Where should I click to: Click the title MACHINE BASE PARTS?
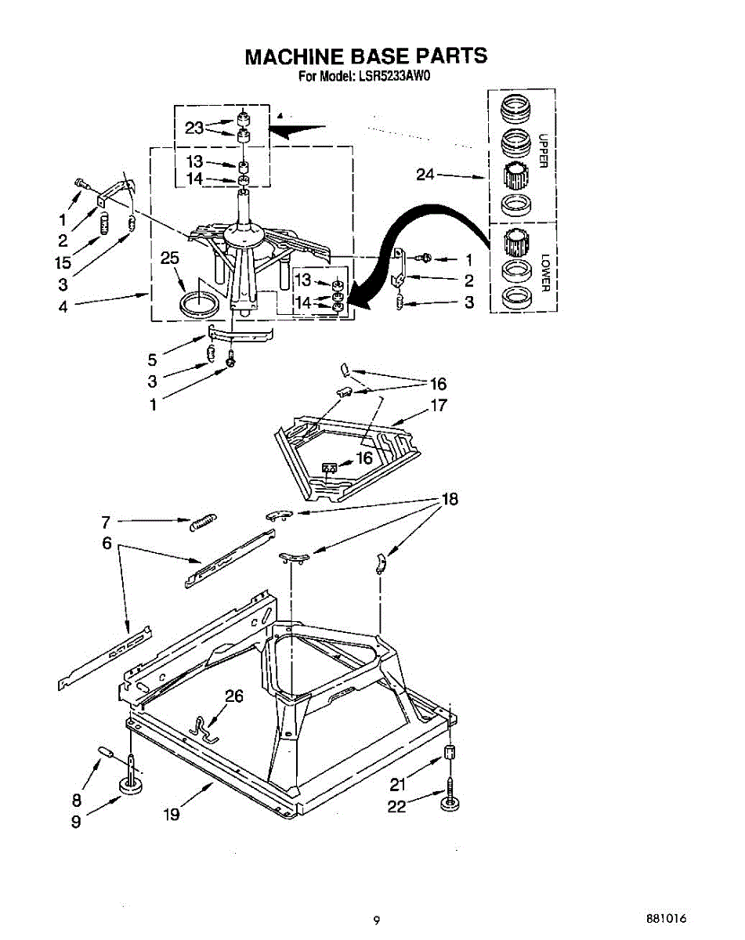coord(366,56)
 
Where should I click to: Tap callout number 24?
coord(425,175)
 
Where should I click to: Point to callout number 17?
coord(438,406)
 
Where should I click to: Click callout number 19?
coord(172,815)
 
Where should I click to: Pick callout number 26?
coord(234,696)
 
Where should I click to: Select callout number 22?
coord(397,805)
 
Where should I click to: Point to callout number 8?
coord(77,800)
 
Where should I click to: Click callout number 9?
coord(76,822)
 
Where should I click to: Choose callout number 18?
coord(450,499)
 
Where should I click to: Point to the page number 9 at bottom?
coord(377,920)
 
